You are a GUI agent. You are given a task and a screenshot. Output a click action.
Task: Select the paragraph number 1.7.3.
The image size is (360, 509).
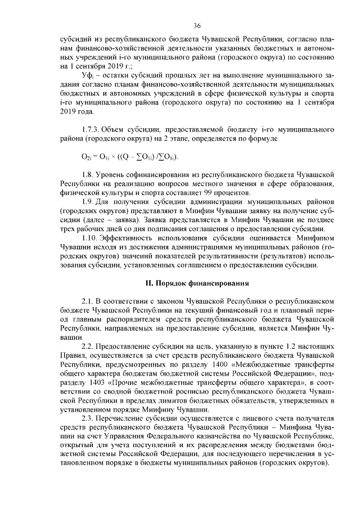[x=91, y=130]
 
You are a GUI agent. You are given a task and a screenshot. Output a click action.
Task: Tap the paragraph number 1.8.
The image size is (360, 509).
[x=88, y=177]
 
